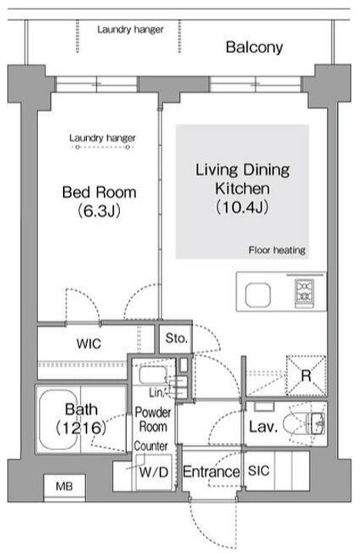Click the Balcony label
click(x=254, y=48)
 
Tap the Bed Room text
click(x=99, y=192)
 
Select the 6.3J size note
click(x=99, y=211)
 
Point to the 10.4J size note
click(x=242, y=207)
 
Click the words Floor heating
click(x=277, y=250)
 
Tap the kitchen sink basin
click(x=258, y=295)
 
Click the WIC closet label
click(x=88, y=344)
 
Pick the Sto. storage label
click(x=176, y=339)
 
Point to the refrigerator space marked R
click(x=306, y=375)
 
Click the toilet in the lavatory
click(x=304, y=424)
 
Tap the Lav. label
click(x=263, y=427)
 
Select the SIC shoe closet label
click(x=258, y=471)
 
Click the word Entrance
click(x=211, y=472)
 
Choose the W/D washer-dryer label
click(x=154, y=472)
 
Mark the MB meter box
click(x=65, y=486)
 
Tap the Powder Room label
click(x=153, y=419)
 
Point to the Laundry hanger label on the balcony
click(x=130, y=30)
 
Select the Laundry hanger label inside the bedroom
click(x=102, y=138)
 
